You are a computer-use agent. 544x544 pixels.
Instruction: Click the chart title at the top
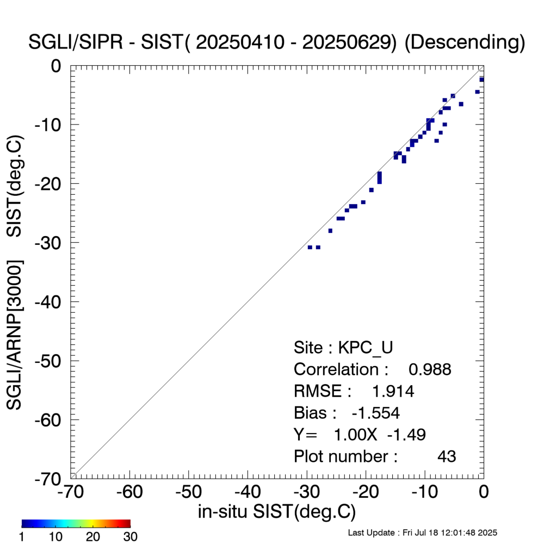click(x=277, y=43)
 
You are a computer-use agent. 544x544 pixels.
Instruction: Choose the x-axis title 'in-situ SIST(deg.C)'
click(x=277, y=512)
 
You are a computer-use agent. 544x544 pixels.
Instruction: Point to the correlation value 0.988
click(x=430, y=369)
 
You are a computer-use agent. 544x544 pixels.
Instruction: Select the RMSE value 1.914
click(x=393, y=391)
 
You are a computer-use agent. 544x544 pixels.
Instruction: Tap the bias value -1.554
click(x=375, y=413)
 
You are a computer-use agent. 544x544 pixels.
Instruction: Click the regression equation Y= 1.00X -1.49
click(x=360, y=435)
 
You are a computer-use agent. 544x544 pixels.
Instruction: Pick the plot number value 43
click(x=447, y=456)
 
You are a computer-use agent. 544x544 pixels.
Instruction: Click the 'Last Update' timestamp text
click(x=422, y=532)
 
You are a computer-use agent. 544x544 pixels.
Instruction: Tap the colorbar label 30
click(x=129, y=537)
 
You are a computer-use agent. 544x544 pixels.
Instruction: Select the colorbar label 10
click(x=55, y=537)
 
